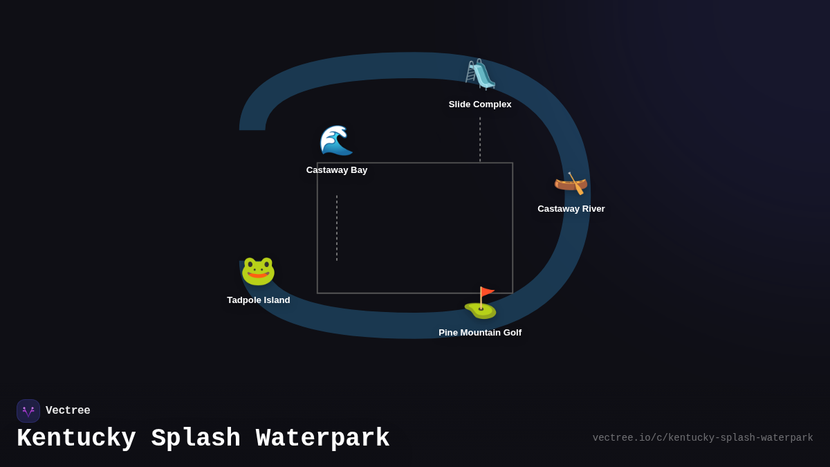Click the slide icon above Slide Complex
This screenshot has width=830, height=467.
click(480, 75)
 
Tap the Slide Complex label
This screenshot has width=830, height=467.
click(480, 104)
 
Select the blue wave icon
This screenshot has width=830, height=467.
click(336, 140)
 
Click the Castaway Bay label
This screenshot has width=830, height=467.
click(337, 170)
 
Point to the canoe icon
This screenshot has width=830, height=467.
click(571, 183)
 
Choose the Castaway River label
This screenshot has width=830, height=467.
click(571, 209)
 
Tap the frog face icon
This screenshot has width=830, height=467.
click(258, 271)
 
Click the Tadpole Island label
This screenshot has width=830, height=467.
click(259, 300)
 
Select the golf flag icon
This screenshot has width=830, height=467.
click(480, 303)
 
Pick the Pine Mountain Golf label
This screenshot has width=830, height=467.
click(480, 333)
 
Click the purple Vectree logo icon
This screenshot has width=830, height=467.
click(28, 411)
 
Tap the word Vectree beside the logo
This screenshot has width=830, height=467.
click(68, 411)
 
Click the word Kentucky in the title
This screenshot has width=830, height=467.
click(76, 439)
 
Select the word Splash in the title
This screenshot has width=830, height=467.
click(196, 439)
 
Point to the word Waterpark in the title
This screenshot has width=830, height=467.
click(323, 439)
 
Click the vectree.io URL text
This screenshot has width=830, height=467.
click(703, 438)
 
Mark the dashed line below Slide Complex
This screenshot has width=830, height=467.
click(480, 139)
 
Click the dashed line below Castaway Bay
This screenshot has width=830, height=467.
click(337, 228)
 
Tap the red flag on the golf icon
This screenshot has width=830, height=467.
click(488, 292)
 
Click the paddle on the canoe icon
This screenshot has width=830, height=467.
click(576, 184)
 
